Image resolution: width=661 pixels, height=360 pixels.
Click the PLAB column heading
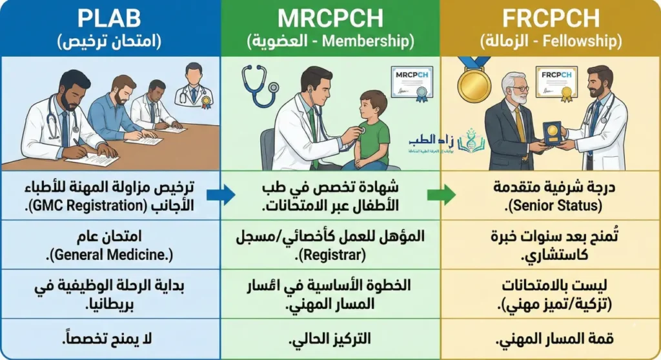point(109,17)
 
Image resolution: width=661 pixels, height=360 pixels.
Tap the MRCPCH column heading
point(330,17)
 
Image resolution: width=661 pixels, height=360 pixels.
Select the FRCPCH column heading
point(551,17)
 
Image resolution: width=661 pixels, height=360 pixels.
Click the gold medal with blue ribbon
point(474,81)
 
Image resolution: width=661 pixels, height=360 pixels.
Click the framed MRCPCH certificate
point(411,83)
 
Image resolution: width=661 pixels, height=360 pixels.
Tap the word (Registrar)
point(330,254)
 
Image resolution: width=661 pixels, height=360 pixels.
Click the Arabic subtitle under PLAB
point(109,42)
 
